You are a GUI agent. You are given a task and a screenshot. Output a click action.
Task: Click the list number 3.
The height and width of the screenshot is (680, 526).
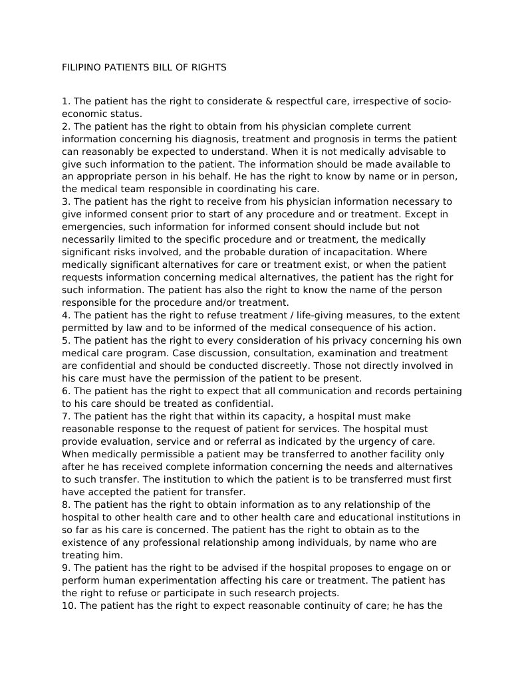tap(65, 201)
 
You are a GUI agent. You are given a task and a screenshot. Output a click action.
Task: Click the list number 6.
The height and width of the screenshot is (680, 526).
tap(65, 391)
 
